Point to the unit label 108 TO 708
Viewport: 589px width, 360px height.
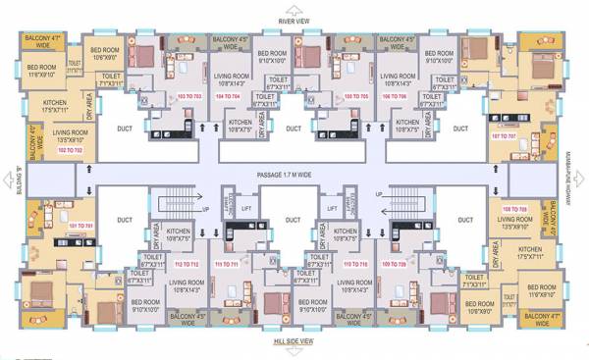(x=515, y=210)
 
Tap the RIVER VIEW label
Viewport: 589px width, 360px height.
(x=294, y=19)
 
